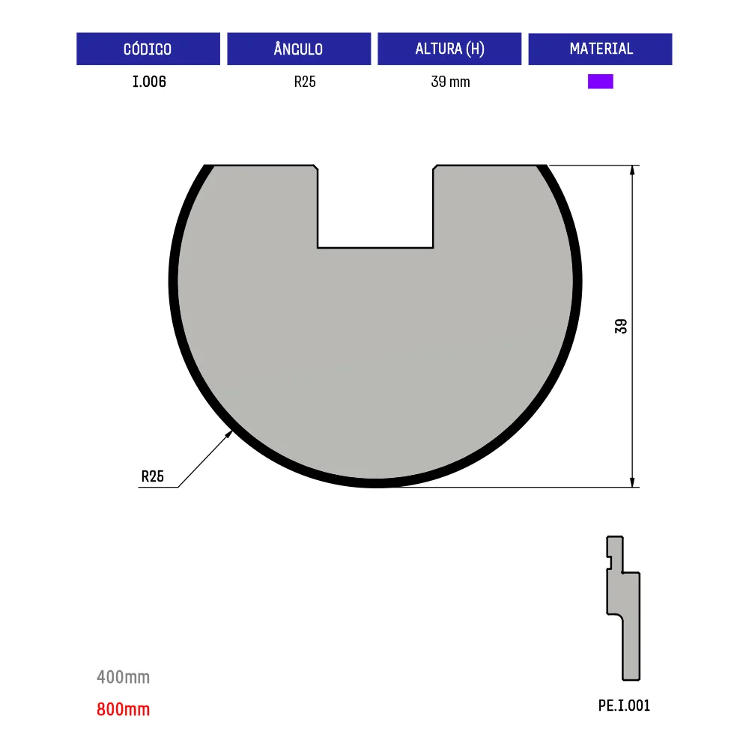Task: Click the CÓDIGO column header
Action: point(148,49)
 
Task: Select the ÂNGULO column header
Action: point(299,49)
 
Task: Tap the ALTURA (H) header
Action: point(449,49)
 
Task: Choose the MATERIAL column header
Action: point(601,49)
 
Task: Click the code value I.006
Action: point(149,82)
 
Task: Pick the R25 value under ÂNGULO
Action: point(305,82)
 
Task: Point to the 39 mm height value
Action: point(450,82)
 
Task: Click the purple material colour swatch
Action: point(601,82)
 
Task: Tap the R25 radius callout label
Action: point(152,476)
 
